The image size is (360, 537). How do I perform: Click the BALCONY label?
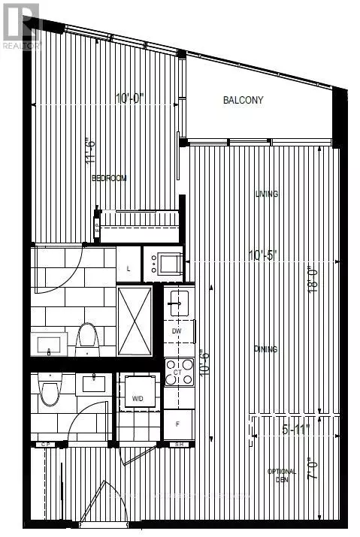(x=243, y=100)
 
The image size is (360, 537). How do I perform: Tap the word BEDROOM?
(x=109, y=178)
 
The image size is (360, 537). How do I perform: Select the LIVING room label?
(x=266, y=194)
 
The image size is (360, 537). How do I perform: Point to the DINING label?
(x=265, y=349)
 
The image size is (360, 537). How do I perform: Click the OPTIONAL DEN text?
(x=283, y=476)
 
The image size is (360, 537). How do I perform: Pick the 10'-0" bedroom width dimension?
(x=130, y=98)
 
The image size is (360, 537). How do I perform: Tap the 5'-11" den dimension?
(x=295, y=430)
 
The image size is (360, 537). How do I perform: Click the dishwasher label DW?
(x=177, y=330)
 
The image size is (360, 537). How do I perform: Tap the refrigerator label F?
(x=177, y=423)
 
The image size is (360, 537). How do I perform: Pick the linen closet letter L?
(x=129, y=269)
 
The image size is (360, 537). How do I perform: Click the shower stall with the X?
(x=135, y=321)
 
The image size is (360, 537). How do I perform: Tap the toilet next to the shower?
(x=88, y=339)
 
